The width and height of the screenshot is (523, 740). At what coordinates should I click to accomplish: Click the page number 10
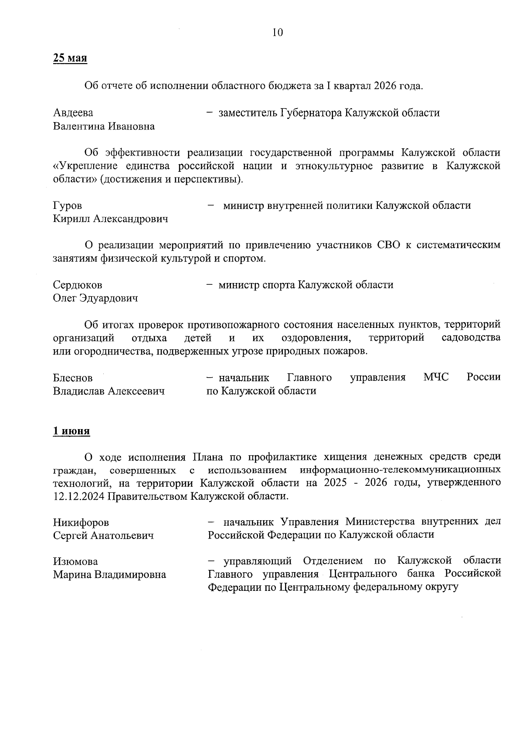click(278, 32)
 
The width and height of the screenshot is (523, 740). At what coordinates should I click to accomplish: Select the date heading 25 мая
click(70, 58)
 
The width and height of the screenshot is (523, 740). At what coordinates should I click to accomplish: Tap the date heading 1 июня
click(71, 431)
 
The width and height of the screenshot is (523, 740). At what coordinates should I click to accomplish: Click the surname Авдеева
click(73, 113)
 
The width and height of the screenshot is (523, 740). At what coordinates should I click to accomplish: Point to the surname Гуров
click(67, 205)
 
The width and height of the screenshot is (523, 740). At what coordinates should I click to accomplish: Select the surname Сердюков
click(78, 285)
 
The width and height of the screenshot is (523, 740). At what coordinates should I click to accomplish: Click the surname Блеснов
click(73, 378)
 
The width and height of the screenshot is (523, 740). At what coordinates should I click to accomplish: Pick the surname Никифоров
click(81, 522)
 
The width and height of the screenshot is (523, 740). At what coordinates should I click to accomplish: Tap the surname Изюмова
click(75, 561)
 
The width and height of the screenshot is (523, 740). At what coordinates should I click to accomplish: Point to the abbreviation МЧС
click(435, 377)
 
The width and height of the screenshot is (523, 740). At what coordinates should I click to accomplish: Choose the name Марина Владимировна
click(109, 575)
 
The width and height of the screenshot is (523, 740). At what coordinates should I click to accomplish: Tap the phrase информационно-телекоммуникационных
click(400, 470)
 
